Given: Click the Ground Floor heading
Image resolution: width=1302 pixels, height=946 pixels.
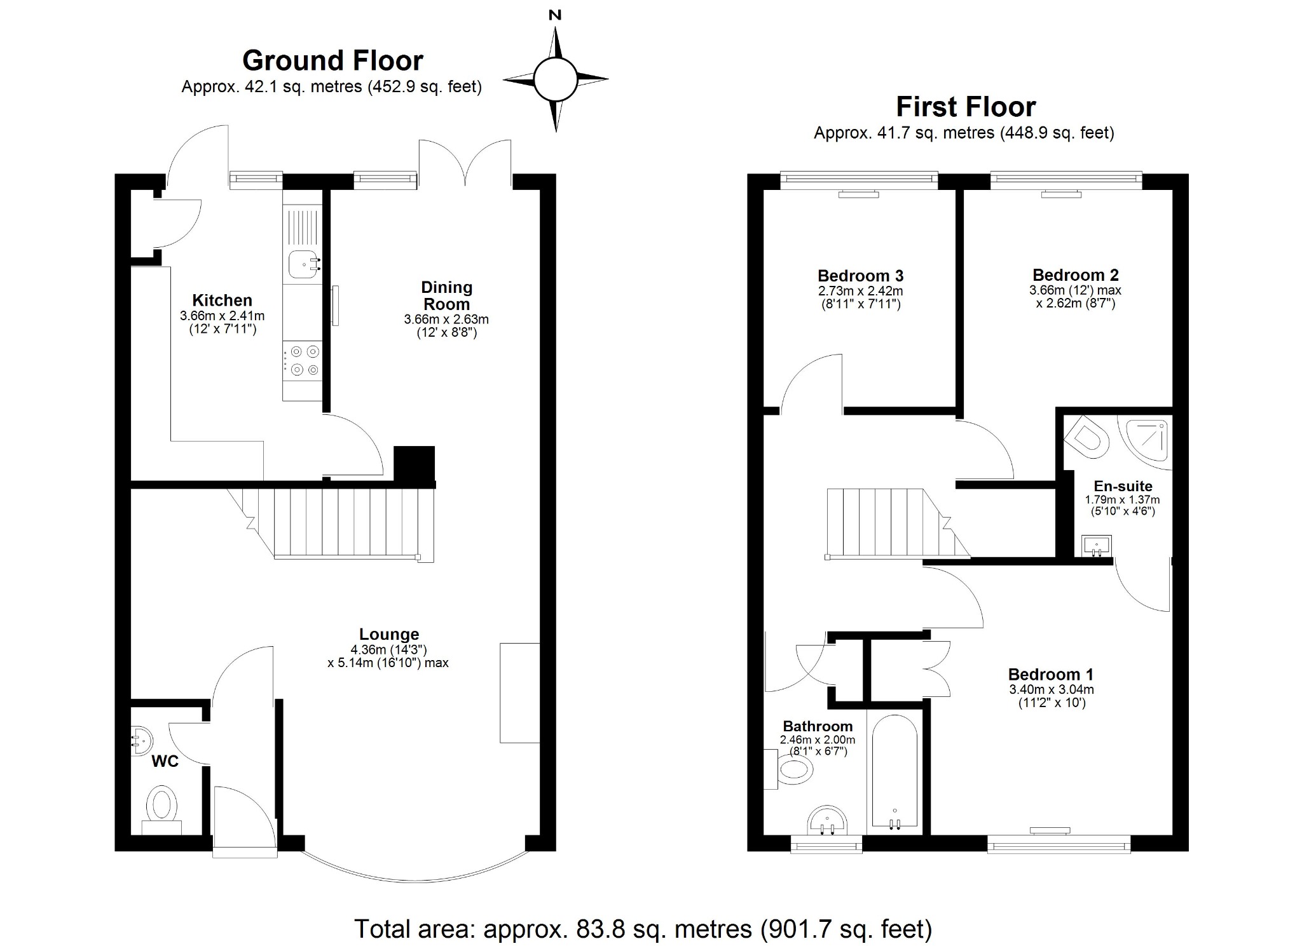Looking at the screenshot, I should coord(332,61).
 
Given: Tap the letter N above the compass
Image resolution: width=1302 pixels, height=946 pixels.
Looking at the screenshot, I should coord(555,15).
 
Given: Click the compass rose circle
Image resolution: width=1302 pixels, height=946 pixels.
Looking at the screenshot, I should coord(555,80).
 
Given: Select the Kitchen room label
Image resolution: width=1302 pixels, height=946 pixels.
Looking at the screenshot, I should coord(222,301).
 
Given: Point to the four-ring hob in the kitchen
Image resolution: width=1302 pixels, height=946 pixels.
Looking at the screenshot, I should coord(303,360).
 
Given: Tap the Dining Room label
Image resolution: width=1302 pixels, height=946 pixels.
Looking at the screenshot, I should coord(446,295).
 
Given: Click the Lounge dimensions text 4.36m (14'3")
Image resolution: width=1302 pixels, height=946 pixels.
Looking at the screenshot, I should coord(388,650).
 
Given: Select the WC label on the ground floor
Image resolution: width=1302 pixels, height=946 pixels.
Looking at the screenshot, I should coord(165,761).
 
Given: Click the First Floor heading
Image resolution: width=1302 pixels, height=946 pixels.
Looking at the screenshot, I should coord(965,107).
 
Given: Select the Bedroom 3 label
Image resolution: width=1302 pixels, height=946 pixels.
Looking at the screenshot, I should coord(860,276).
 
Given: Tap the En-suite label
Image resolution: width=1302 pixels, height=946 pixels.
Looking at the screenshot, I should coord(1123,487).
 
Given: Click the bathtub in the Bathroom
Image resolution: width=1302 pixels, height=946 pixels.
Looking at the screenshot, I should coord(894,772).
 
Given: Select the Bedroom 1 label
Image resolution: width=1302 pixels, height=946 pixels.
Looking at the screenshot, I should coord(1051,674).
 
